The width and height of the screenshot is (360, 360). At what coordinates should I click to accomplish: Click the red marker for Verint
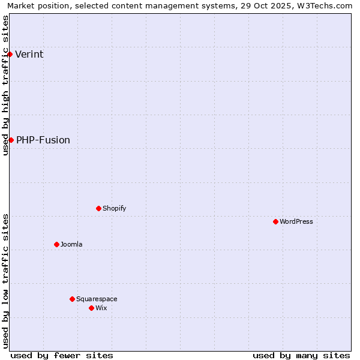click(x=10, y=54)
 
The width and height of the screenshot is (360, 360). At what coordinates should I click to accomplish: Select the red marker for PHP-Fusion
click(x=11, y=140)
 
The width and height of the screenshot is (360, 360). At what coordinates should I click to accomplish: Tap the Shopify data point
click(x=98, y=208)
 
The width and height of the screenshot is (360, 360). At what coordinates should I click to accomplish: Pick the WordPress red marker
click(x=275, y=221)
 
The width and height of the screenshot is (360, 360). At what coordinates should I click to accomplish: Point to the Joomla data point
click(x=56, y=244)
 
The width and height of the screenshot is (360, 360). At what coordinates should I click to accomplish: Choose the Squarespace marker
click(x=72, y=299)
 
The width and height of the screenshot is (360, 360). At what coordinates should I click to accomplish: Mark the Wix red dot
click(x=91, y=308)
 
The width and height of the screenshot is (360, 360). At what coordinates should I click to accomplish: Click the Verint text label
click(x=29, y=55)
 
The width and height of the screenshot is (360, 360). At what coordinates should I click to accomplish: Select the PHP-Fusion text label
click(x=43, y=140)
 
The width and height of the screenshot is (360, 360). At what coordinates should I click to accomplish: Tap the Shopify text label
click(x=115, y=209)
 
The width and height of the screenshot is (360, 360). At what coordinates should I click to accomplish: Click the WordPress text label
click(x=296, y=222)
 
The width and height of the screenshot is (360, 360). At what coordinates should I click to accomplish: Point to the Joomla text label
click(x=71, y=245)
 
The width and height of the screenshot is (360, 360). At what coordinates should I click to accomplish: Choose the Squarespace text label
click(x=97, y=299)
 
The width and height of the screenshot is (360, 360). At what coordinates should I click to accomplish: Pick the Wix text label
click(x=101, y=308)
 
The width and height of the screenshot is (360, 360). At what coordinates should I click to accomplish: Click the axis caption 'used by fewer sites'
click(x=62, y=355)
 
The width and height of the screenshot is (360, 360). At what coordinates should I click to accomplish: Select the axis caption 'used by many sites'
click(x=301, y=355)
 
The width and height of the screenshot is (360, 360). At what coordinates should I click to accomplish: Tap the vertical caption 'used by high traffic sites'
click(x=5, y=85)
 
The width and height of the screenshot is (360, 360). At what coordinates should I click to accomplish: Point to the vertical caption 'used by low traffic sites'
click(x=5, y=281)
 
